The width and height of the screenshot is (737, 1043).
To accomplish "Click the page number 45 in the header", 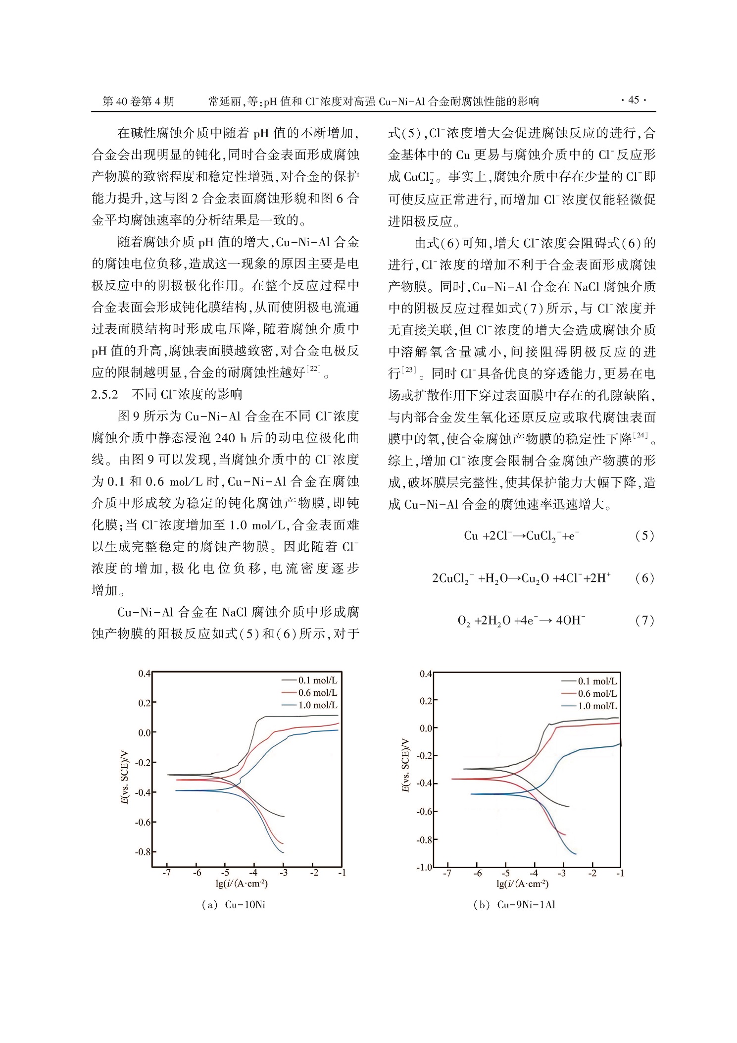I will (634, 100).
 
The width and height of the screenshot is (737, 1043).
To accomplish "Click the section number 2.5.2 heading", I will (105, 394).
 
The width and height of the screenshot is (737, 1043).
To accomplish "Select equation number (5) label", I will (644, 535).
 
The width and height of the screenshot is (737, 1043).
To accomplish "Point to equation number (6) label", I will (644, 578).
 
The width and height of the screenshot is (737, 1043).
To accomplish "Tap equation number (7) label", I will (644, 620).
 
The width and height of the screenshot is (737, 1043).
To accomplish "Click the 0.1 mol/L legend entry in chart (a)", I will (317, 680).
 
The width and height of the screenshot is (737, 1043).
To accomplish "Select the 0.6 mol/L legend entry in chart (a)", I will (317, 693).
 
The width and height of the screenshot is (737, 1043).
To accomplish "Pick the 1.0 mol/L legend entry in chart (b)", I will (597, 706).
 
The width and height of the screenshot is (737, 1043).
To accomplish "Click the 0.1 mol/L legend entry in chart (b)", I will (597, 681).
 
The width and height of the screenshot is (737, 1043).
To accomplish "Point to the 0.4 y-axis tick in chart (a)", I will (144, 674).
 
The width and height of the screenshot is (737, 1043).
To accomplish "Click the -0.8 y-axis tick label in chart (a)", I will (143, 852).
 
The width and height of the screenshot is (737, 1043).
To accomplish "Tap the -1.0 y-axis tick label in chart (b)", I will (424, 868).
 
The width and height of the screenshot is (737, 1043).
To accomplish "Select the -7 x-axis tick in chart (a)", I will (167, 873).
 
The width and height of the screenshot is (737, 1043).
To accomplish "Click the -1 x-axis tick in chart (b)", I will (620, 873).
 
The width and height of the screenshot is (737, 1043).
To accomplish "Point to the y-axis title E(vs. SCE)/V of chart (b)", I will (405, 765).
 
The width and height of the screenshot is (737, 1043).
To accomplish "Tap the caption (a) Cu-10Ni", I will (233, 905).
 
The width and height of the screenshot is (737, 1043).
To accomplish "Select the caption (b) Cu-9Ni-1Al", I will (514, 905).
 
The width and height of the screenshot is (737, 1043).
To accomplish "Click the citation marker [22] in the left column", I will (314, 368).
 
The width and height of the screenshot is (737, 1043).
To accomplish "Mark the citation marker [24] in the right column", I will (640, 435).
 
